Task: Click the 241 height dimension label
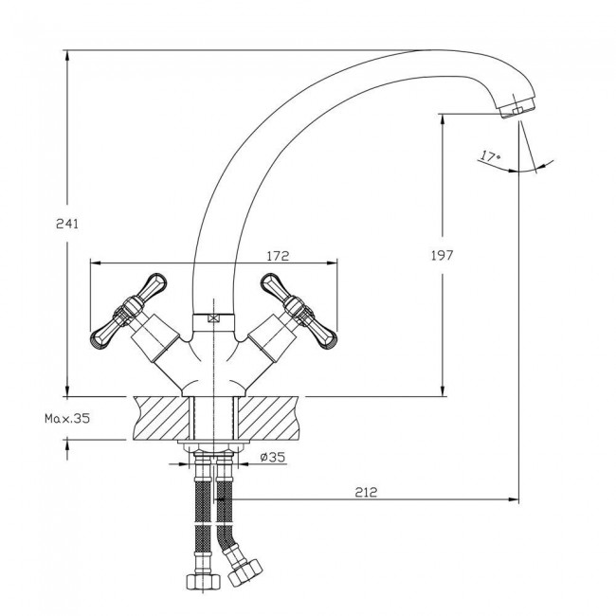click(67, 224)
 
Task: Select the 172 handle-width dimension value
click(278, 256)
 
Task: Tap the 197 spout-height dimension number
click(442, 256)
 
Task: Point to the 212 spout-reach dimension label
click(366, 492)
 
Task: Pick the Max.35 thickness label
click(67, 418)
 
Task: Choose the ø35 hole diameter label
click(273, 457)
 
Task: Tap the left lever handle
click(129, 311)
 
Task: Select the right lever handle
click(299, 311)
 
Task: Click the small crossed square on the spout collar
click(214, 317)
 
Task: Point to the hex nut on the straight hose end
click(203, 582)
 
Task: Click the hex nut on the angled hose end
click(245, 572)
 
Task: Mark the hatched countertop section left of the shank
click(162, 418)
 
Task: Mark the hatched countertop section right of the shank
click(266, 418)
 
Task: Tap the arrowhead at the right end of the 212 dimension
click(514, 499)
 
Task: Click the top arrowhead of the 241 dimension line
click(67, 56)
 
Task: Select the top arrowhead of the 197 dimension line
click(443, 119)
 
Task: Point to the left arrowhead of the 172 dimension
click(97, 263)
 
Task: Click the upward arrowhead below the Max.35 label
click(67, 445)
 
